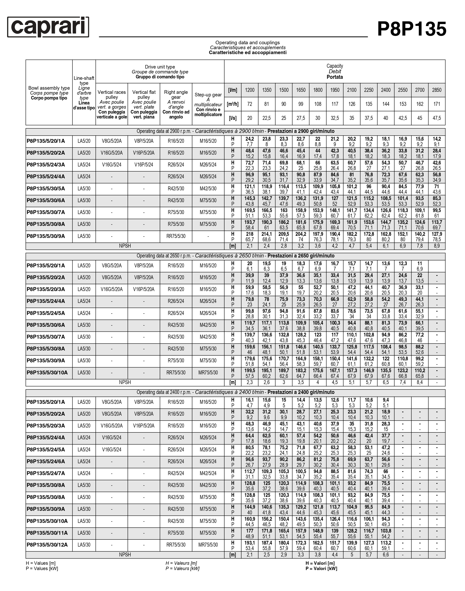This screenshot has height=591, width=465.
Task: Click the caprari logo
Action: point(48,27)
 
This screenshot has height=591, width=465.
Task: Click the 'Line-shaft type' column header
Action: point(84,80)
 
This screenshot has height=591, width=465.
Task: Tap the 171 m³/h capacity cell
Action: point(437,104)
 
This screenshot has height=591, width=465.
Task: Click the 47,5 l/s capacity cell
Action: point(437,118)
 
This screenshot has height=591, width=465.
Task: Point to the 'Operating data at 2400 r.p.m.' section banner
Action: point(236,392)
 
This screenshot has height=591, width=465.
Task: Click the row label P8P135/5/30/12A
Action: point(47,545)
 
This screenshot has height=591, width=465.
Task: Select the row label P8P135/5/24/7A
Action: point(46,473)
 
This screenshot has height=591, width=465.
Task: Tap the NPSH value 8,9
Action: point(437,246)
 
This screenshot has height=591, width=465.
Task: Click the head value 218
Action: point(250,234)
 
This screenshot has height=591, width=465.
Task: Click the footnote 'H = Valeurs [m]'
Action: point(181,563)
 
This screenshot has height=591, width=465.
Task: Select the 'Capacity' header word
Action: point(335,66)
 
